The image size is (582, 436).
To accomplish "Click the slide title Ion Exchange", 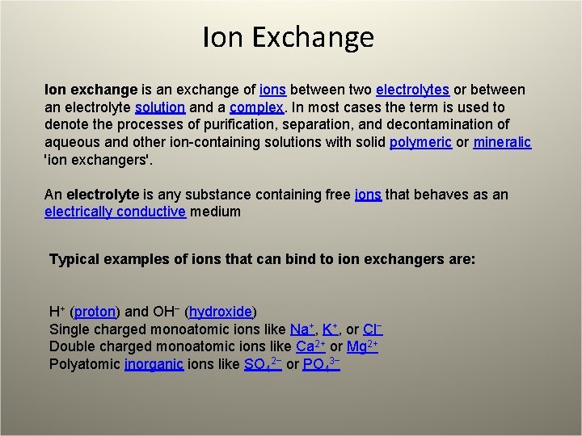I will [289, 37].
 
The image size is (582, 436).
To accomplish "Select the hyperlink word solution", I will [161, 107].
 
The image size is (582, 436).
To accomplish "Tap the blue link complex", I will [255, 107].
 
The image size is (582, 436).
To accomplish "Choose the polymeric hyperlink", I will [420, 143].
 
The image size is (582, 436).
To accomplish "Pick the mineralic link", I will [502, 143].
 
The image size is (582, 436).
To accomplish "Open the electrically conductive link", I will [116, 212].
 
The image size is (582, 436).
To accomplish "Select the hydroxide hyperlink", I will [221, 312].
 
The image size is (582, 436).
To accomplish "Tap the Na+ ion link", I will [301, 329].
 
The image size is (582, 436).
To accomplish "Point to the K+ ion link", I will [330, 329].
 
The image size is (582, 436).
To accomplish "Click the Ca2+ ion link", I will [310, 347].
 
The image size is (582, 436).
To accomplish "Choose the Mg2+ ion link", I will [362, 347].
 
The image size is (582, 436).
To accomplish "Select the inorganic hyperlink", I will [155, 365].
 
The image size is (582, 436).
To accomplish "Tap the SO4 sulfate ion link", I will [262, 365].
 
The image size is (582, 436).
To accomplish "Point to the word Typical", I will [75, 260].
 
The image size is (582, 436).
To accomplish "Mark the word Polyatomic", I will [85, 365].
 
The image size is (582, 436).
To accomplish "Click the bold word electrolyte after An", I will [103, 195].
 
